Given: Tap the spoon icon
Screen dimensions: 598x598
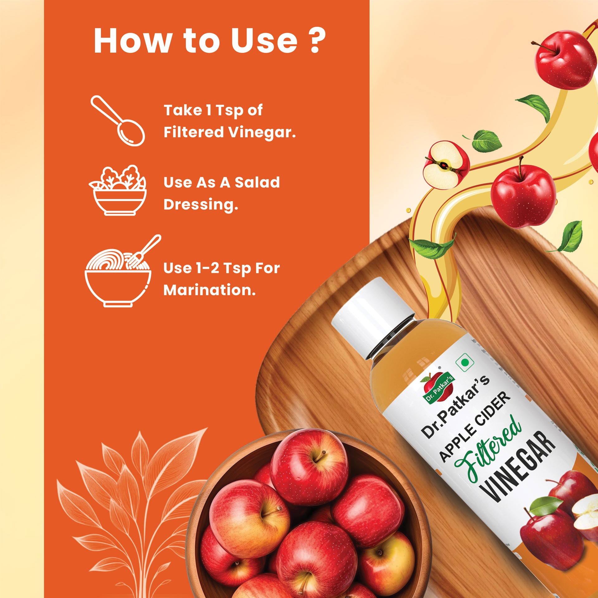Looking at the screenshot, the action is pos(118,121).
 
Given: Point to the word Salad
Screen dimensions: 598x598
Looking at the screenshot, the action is pos(257,182).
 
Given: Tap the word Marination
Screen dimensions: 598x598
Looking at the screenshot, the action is pos(210,290).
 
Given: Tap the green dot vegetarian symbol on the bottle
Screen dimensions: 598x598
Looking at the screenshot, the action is pos(465,362).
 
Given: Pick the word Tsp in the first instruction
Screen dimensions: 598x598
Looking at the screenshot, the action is pos(229,111).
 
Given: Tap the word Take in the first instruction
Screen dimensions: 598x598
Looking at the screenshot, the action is pos(183,110).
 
